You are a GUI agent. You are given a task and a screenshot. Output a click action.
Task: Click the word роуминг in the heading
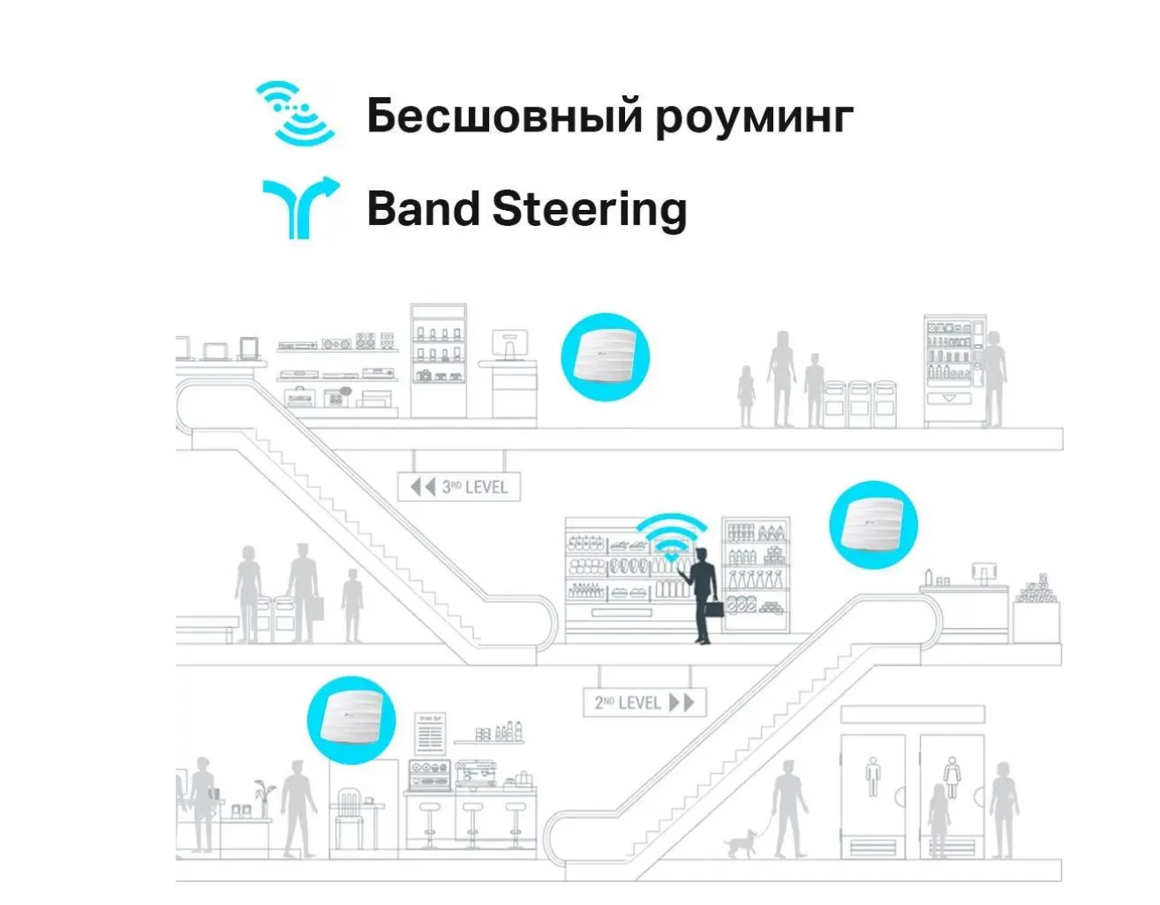(x=753, y=117)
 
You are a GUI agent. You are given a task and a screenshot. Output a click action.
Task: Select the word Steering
(x=589, y=210)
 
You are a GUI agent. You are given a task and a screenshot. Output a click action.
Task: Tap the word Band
(x=421, y=209)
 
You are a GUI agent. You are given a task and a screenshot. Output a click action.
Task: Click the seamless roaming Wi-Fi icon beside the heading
(x=295, y=112)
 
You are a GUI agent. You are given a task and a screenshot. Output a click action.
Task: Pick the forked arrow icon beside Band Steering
(x=300, y=207)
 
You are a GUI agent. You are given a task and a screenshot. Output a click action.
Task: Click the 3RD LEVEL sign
(x=460, y=486)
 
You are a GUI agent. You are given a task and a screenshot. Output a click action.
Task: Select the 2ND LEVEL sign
(x=644, y=702)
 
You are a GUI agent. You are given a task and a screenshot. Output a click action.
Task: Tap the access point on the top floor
(x=606, y=356)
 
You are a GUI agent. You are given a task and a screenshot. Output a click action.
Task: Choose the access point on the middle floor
(x=873, y=525)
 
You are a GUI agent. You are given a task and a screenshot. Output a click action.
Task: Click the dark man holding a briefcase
(x=703, y=596)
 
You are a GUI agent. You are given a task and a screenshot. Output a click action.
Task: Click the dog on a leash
(x=741, y=842)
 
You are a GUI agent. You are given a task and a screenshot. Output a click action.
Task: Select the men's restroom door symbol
(x=873, y=776)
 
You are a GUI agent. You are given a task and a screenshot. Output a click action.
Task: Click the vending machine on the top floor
(x=953, y=370)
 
